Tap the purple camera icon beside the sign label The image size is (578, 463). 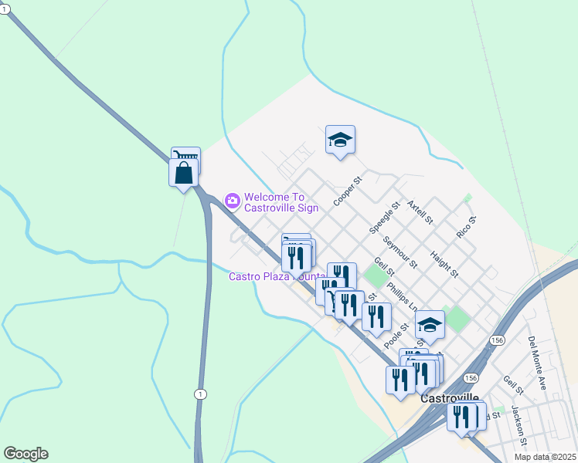tap(232, 201)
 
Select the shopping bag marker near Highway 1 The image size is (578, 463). tap(184, 174)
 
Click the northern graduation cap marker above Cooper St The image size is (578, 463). tap(340, 140)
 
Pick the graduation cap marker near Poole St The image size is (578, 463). tap(430, 326)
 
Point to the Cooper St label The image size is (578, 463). tap(347, 192)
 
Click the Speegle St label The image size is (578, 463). tap(384, 218)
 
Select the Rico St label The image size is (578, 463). tap(466, 227)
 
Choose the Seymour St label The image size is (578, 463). tap(400, 252)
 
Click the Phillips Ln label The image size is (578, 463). tap(402, 292)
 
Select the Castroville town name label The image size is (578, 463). tap(451, 398)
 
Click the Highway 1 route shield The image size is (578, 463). tap(201, 394)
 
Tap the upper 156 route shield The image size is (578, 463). tap(496, 340)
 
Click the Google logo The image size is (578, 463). tap(25, 454)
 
